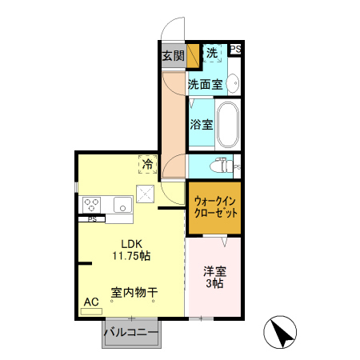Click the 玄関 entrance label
tap(173, 56)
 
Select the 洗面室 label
tap(205, 82)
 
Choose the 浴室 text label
tap(202, 124)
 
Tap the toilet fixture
tap(219, 166)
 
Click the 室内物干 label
tap(134, 293)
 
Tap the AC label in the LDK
tap(91, 301)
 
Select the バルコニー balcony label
tap(130, 331)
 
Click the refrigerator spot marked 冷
tap(147, 163)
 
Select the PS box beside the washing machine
tap(235, 50)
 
